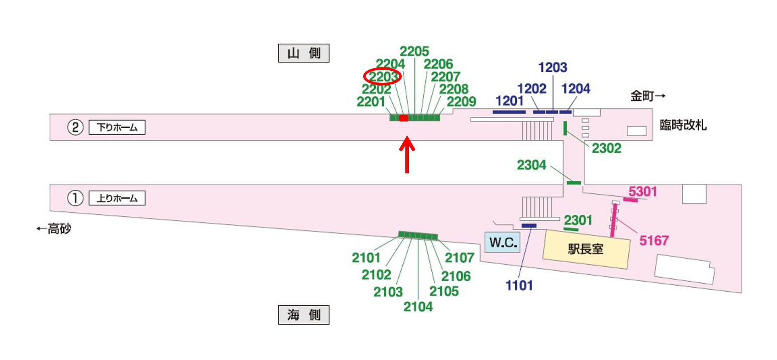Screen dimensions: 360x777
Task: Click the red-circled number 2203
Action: pos(382,77)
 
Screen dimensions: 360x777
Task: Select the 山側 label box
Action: pos(304,53)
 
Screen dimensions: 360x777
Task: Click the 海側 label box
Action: pos(304,315)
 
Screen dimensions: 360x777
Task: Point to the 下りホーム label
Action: pos(117,128)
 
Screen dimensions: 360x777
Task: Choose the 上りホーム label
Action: pos(117,198)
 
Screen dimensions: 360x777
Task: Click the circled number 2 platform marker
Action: pos(75,128)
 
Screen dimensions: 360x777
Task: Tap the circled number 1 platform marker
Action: pos(75,199)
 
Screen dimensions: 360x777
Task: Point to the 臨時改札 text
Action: pos(683,126)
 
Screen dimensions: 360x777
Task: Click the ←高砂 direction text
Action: pos(53,229)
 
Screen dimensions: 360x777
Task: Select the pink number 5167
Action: pos(654,241)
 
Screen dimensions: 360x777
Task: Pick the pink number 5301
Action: pos(643,191)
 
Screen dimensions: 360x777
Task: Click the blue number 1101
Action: pos(519,286)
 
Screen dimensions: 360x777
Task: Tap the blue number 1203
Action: pos(552,67)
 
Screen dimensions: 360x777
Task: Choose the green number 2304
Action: pos(531,165)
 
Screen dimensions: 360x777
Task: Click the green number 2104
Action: pos(418,306)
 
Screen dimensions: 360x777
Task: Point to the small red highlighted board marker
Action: pos(403,118)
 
